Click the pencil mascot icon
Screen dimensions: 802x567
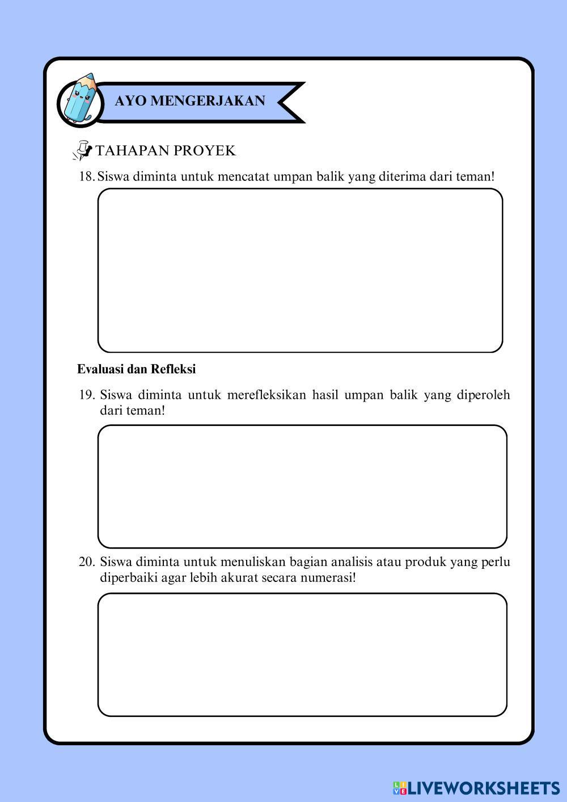click(80, 99)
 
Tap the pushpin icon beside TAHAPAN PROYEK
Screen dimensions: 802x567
click(83, 150)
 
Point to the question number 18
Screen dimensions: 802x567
click(86, 176)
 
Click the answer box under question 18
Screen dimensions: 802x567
click(300, 271)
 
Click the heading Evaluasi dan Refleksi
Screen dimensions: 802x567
click(136, 369)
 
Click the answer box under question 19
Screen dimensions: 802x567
click(302, 486)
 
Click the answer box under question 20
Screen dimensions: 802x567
click(302, 655)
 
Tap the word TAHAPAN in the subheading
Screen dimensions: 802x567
click(132, 151)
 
